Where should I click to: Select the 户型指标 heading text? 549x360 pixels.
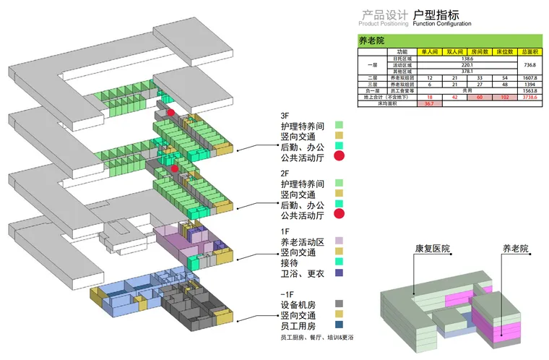tap(436, 14)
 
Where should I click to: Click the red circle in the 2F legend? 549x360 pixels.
tap(339, 213)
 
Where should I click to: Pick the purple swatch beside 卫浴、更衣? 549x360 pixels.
tap(339, 273)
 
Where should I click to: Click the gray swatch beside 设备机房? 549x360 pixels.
tap(339, 304)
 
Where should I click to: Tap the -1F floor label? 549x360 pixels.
tap(288, 293)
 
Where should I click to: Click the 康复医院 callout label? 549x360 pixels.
tap(431, 249)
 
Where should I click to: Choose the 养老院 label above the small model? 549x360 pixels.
tap(515, 249)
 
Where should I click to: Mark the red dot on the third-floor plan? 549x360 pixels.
tap(171, 113)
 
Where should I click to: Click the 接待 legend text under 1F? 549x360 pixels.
tap(289, 262)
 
